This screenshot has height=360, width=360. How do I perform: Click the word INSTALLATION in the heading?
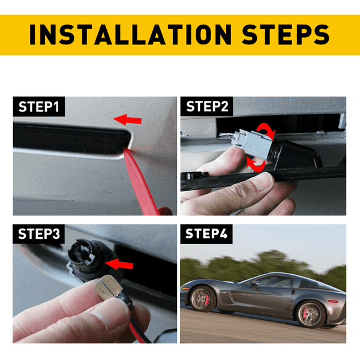(130, 34)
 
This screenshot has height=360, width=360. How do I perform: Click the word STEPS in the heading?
(286, 34)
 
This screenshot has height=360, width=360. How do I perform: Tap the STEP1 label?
(39, 107)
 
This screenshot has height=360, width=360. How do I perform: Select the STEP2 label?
(207, 106)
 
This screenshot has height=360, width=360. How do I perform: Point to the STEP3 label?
(39, 234)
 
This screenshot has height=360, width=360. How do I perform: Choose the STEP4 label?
(206, 234)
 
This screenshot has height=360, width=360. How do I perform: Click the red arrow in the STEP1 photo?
(127, 120)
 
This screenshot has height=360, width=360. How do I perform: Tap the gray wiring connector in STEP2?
(253, 143)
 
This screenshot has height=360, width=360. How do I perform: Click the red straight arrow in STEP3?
(119, 264)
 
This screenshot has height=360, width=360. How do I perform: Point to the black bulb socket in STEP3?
(92, 259)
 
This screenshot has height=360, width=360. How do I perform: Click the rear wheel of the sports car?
(311, 314)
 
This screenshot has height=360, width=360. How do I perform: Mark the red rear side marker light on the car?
(332, 301)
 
